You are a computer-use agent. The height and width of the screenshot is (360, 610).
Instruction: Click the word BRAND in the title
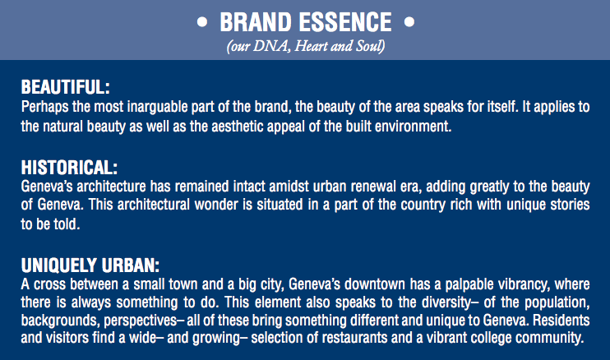(x=256, y=22)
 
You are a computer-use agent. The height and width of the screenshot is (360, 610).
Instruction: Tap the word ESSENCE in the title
(x=345, y=22)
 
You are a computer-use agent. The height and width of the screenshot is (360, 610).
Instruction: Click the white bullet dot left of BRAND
(x=202, y=22)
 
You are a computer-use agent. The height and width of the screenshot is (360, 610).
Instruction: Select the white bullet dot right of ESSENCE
(x=409, y=22)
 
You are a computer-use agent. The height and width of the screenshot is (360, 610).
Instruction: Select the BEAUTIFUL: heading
(x=66, y=86)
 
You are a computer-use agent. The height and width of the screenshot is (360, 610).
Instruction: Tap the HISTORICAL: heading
(x=69, y=168)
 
